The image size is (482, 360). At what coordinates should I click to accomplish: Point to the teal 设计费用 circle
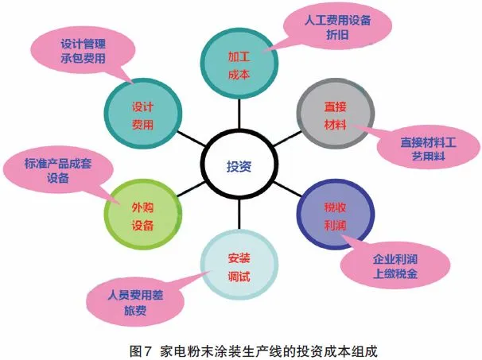pyautogui.click(x=144, y=116)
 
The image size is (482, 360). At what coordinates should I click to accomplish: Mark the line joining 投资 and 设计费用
pyautogui.click(x=192, y=141)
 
